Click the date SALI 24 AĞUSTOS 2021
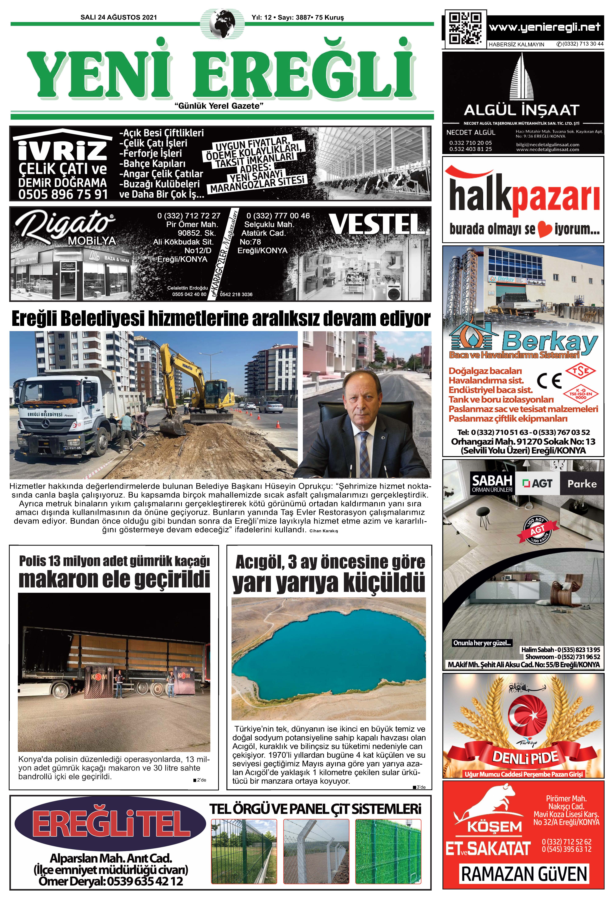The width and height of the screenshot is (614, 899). click(119, 17)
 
